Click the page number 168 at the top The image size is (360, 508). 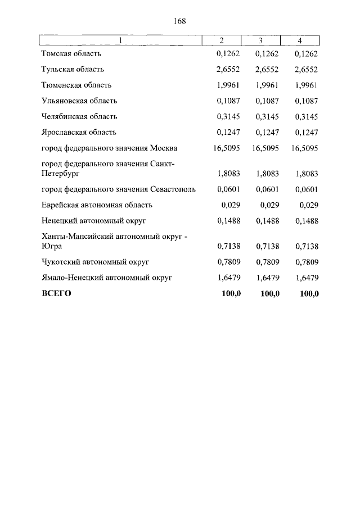pyautogui.click(x=180, y=21)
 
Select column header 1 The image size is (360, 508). pyautogui.click(x=120, y=40)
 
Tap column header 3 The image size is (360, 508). pyautogui.click(x=260, y=40)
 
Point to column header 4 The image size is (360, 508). pyautogui.click(x=300, y=40)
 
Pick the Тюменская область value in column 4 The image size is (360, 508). pyautogui.click(x=307, y=85)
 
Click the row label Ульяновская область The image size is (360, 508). pyautogui.click(x=79, y=101)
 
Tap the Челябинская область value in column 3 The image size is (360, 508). pyautogui.click(x=268, y=117)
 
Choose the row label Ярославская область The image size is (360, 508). pyautogui.click(x=79, y=133)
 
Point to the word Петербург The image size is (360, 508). pyautogui.click(x=59, y=174)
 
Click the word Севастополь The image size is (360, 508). pyautogui.click(x=173, y=189)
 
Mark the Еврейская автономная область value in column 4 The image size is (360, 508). pyautogui.click(x=309, y=205)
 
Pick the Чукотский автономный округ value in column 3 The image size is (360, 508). pyautogui.click(x=268, y=262)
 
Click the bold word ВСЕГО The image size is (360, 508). pyautogui.click(x=56, y=293)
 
